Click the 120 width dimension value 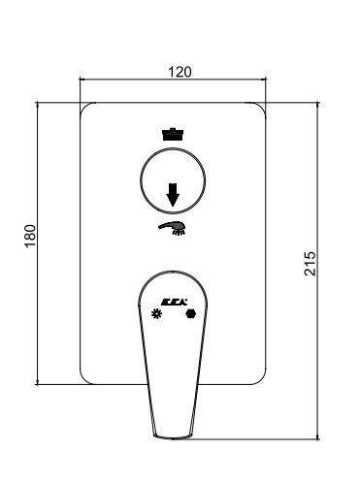180,72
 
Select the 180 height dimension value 30,236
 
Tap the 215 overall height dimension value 310,263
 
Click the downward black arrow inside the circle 173,195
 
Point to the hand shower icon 173,228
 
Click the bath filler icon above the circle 173,134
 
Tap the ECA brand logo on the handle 174,302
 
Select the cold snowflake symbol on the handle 156,313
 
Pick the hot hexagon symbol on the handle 191,313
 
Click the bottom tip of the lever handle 173,438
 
